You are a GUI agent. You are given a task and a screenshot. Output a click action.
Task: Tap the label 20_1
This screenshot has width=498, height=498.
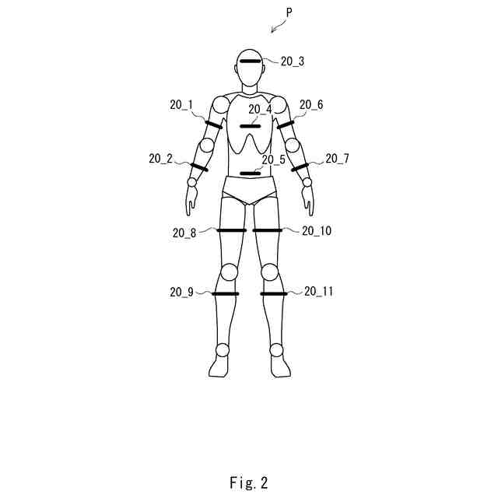click(x=181, y=104)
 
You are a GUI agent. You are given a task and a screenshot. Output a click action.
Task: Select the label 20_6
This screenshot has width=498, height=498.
click(x=311, y=104)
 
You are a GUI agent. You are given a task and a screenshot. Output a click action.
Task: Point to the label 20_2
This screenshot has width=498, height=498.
click(x=160, y=159)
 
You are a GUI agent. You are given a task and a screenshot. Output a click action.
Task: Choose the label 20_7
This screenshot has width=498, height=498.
click(x=337, y=159)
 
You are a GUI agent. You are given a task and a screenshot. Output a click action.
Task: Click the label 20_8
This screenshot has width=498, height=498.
click(x=184, y=231)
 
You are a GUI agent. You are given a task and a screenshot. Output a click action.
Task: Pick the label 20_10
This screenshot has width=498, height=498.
click(x=317, y=231)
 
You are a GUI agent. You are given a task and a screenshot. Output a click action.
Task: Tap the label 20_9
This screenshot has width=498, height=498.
click(x=181, y=293)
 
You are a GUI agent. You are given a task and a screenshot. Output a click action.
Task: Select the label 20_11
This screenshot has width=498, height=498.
click(x=318, y=292)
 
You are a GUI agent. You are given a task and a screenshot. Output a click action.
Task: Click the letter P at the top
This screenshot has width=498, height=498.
click(x=289, y=13)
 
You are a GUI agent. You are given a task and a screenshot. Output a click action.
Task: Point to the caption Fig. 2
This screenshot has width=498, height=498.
click(x=249, y=482)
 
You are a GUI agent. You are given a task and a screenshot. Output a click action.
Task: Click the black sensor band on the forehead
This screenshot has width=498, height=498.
click(x=251, y=61)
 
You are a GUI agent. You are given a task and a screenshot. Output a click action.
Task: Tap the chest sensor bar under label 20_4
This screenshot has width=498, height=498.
click(x=251, y=126)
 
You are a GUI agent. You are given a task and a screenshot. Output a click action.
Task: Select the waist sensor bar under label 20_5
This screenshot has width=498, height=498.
click(x=251, y=173)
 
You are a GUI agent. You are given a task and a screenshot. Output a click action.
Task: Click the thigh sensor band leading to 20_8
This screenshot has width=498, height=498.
click(x=231, y=230)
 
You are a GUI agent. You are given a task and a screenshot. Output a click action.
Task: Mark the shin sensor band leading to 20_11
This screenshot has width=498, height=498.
click(x=274, y=294)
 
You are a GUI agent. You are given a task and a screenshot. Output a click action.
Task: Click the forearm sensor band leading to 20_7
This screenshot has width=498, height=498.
click(x=300, y=167)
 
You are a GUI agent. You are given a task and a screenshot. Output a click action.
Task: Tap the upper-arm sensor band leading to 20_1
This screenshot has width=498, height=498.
click(x=213, y=124)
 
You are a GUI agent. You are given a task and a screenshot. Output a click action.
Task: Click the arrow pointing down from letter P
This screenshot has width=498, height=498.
click(x=275, y=28)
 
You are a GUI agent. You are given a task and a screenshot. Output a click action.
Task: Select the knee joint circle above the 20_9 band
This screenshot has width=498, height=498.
click(x=229, y=272)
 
